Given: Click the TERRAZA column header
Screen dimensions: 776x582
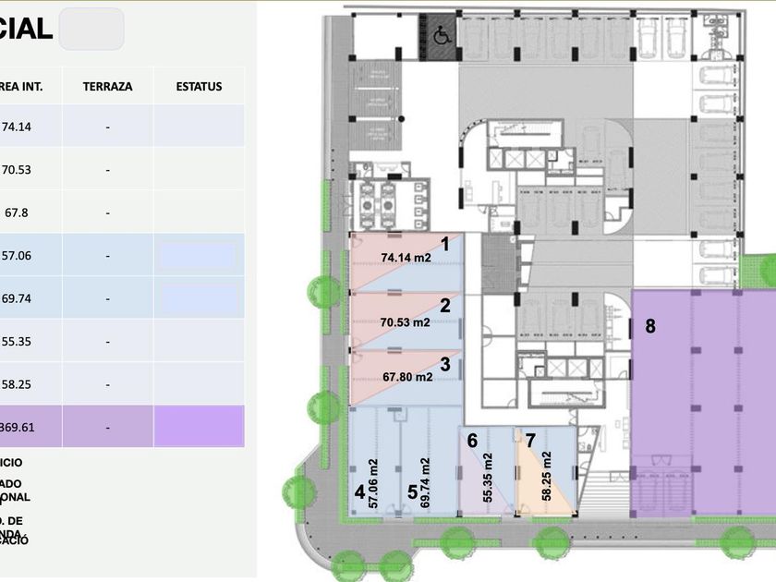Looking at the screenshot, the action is [x=107, y=87].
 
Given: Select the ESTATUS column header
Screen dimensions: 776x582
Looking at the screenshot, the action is [x=199, y=87].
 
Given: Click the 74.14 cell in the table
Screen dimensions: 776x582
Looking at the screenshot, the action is [x=17, y=127].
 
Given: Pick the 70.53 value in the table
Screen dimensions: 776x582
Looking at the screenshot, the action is [x=17, y=170].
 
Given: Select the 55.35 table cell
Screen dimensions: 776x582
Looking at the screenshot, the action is [x=17, y=342].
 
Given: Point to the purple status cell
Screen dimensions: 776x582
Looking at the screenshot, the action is [x=199, y=428].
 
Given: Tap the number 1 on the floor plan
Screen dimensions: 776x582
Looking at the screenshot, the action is [x=444, y=245].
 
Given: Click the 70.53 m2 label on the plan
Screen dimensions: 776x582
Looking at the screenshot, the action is [x=406, y=322].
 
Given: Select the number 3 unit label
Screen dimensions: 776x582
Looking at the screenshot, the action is [x=445, y=364].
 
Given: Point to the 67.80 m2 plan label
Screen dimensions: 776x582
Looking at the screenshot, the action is [x=406, y=377].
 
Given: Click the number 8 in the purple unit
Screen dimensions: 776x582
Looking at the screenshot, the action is [x=650, y=326].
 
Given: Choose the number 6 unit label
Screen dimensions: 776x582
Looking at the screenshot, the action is [x=472, y=441].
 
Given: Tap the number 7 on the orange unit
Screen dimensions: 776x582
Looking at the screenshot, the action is [x=530, y=440].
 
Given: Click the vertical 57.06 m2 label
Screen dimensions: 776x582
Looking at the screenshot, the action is [x=373, y=483].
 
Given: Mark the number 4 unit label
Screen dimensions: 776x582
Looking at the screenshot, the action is [x=359, y=491].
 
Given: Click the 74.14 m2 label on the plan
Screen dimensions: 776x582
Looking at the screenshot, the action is [x=406, y=258].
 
